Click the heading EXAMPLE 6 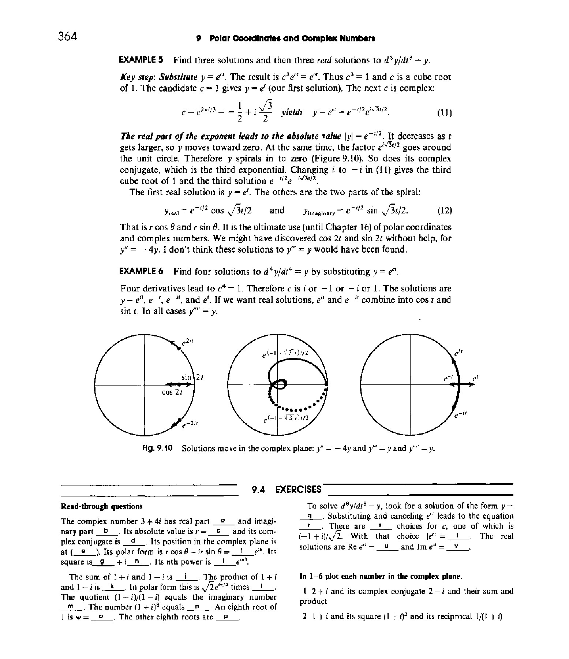click(x=142, y=272)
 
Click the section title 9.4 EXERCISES click(x=287, y=489)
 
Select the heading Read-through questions click(x=101, y=506)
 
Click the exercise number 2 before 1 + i click(x=304, y=616)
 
